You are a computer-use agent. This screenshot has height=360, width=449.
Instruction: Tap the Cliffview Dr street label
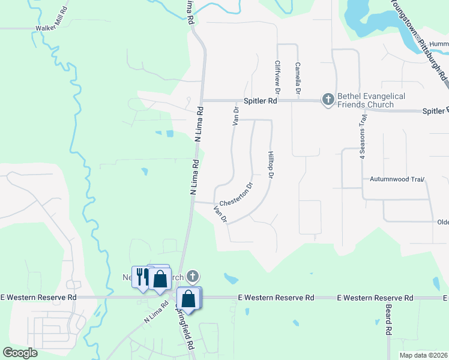pos(277,77)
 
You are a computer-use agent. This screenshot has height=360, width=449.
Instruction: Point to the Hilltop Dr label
pos(270,164)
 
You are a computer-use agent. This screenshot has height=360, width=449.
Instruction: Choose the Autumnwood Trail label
pos(397,179)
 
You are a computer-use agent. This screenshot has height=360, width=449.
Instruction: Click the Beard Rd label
pos(389,323)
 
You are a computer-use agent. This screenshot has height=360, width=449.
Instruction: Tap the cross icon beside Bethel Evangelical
pos(328,99)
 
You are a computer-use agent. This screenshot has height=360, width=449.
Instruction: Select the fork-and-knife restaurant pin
pos(143,277)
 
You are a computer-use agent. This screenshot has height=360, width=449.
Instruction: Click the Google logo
pos(20,353)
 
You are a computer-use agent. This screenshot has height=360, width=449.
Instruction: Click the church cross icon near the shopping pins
pos(191,277)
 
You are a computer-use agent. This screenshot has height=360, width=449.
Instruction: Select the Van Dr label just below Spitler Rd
pos(236,115)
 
